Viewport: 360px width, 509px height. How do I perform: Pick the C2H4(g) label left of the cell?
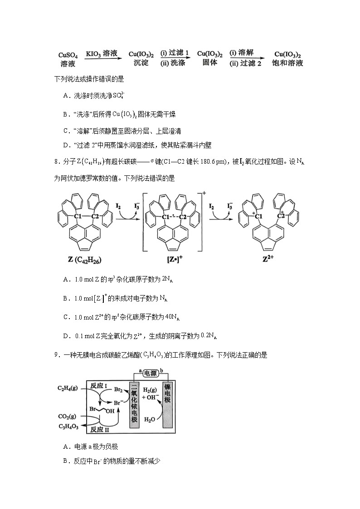click(x=67, y=388)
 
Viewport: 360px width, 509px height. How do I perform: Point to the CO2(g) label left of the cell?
click(x=67, y=416)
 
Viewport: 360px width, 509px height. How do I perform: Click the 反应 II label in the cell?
click(x=100, y=428)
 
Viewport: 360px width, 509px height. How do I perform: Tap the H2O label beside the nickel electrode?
click(x=150, y=420)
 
